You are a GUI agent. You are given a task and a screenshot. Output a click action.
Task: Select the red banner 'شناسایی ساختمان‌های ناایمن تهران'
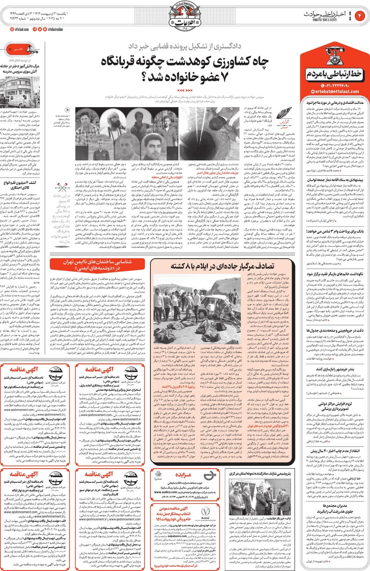(x=97, y=265)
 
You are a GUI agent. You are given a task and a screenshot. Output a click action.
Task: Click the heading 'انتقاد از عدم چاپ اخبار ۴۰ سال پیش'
(x=335, y=451)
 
